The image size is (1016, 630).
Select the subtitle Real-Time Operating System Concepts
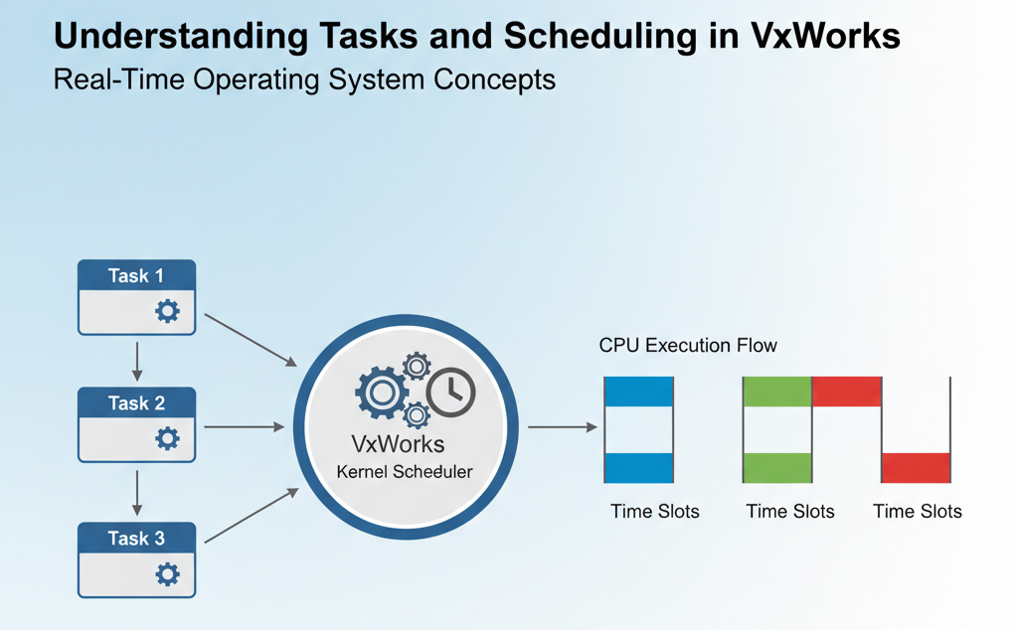pyautogui.click(x=304, y=80)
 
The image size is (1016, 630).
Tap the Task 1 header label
pyautogui.click(x=136, y=276)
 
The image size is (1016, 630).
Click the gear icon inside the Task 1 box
pyautogui.click(x=168, y=312)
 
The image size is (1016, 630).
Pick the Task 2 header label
pyautogui.click(x=136, y=403)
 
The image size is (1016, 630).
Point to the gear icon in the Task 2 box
pyautogui.click(x=168, y=438)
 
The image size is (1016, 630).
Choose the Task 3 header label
pyautogui.click(x=136, y=539)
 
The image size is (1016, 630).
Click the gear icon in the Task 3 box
pyautogui.click(x=168, y=573)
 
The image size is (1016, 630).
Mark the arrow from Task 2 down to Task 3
pyautogui.click(x=137, y=492)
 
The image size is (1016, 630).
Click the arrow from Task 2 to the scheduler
pyautogui.click(x=244, y=427)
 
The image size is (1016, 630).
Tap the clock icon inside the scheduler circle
pyautogui.click(x=450, y=392)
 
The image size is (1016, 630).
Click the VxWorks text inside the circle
pyautogui.click(x=399, y=443)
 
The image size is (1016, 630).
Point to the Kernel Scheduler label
pyautogui.click(x=405, y=472)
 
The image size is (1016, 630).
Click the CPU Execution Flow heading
pyautogui.click(x=688, y=346)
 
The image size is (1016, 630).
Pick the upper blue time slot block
pyautogui.click(x=639, y=392)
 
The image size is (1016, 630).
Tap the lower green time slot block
pyautogui.click(x=777, y=467)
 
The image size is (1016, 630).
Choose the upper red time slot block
pyautogui.click(x=847, y=392)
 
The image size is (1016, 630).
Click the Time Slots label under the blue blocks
pyautogui.click(x=654, y=512)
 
